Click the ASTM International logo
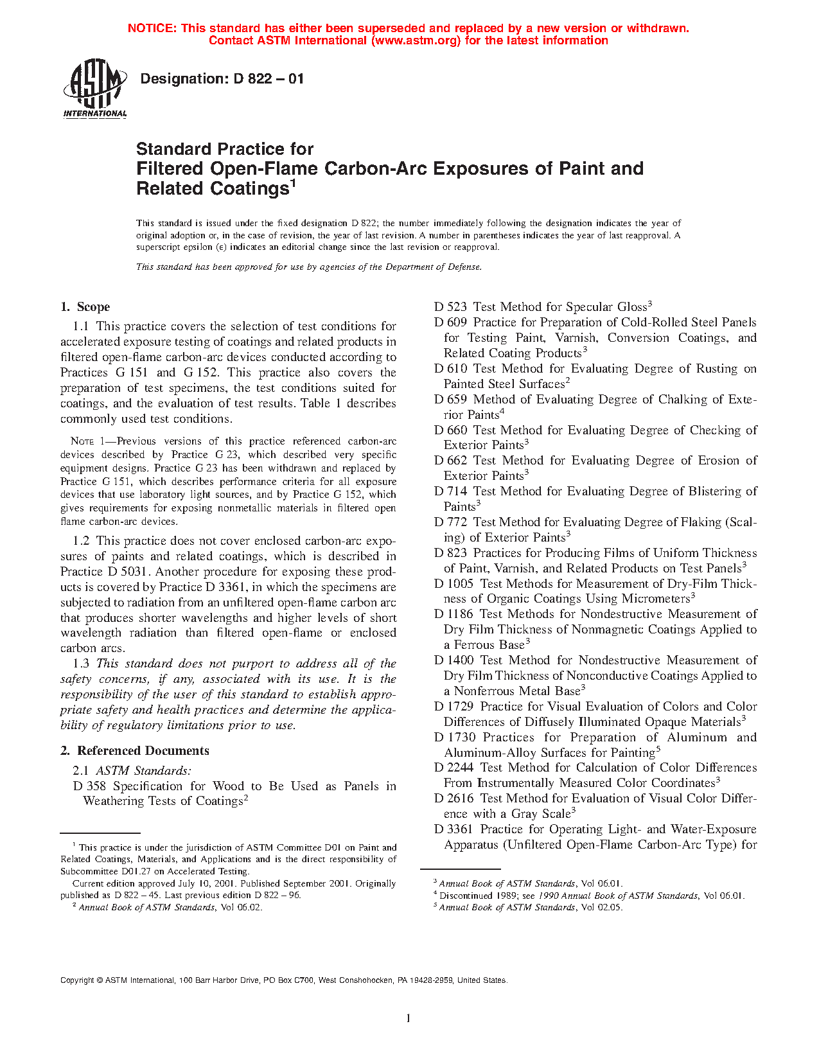point(95,89)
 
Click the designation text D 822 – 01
point(222,79)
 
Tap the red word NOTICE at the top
point(152,28)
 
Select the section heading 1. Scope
point(85,307)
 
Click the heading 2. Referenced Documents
point(135,751)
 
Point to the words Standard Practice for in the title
point(225,149)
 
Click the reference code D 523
point(450,307)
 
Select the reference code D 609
point(450,322)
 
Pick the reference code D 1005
point(454,584)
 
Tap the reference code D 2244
point(454,768)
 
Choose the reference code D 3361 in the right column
point(454,829)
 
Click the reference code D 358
point(89,786)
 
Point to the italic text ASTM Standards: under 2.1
point(143,771)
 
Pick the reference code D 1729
point(454,707)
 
